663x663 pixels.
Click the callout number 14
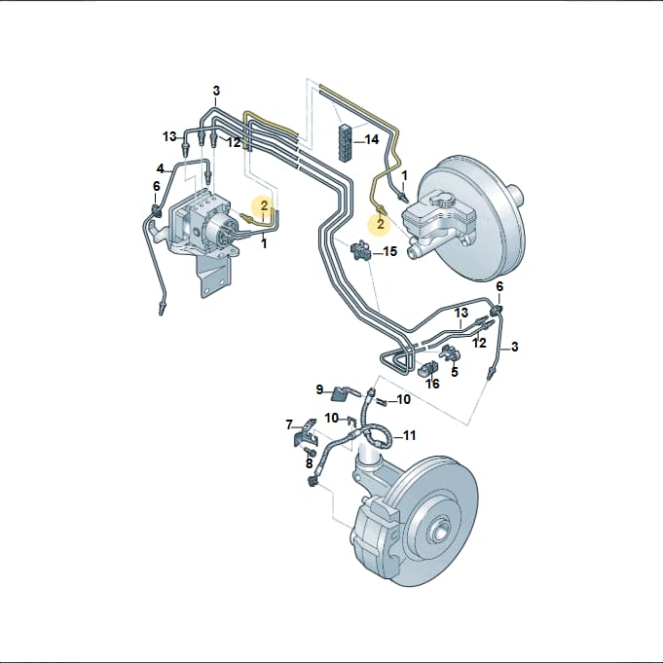[372, 139]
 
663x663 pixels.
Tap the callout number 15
[390, 251]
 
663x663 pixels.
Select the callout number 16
[432, 384]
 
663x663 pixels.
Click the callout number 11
[409, 435]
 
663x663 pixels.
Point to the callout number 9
[319, 389]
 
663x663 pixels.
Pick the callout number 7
[289, 424]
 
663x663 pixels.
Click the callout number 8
[309, 463]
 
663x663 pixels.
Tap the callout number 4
[160, 168]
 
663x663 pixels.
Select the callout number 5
[455, 372]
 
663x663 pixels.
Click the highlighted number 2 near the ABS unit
[264, 205]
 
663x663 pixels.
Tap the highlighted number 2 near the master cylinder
[381, 223]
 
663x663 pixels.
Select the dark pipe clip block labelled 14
[345, 142]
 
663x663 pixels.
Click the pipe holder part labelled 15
[360, 250]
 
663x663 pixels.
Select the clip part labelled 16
[427, 368]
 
